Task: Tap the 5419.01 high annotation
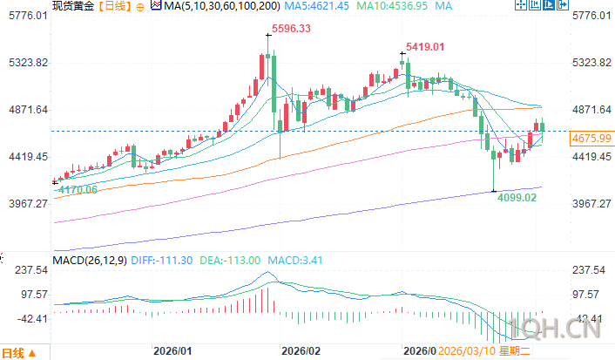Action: [x=424, y=46]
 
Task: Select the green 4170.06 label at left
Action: [x=76, y=189]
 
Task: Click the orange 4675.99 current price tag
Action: [x=590, y=139]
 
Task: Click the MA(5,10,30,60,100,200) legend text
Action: [x=222, y=6]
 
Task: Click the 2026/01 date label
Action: [x=172, y=350]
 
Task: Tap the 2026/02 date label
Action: [x=301, y=350]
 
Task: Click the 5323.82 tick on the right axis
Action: [x=590, y=63]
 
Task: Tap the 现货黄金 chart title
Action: [x=71, y=6]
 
